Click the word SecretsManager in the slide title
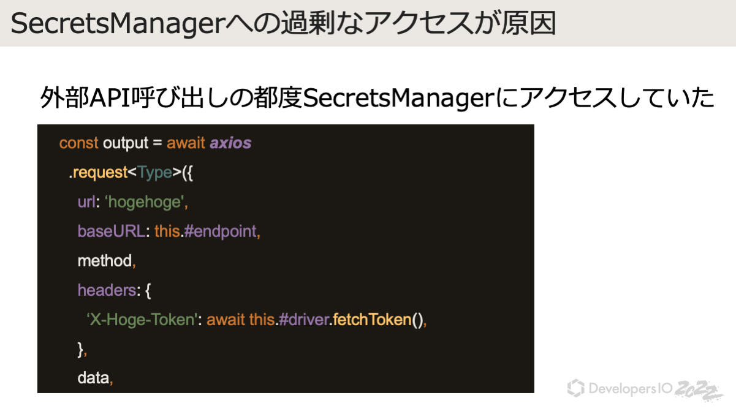(118, 24)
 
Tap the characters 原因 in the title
(528, 23)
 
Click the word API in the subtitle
(110, 98)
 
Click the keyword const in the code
(78, 143)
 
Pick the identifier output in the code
(126, 143)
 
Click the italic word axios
(230, 143)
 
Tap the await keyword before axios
(186, 143)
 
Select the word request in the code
(100, 173)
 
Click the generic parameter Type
(154, 173)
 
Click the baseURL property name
(112, 231)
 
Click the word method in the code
(105, 261)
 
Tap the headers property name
(107, 290)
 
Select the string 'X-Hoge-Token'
(142, 320)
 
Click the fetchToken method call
(372, 320)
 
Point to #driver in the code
(304, 320)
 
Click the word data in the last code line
(93, 378)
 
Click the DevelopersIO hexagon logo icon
(576, 388)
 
